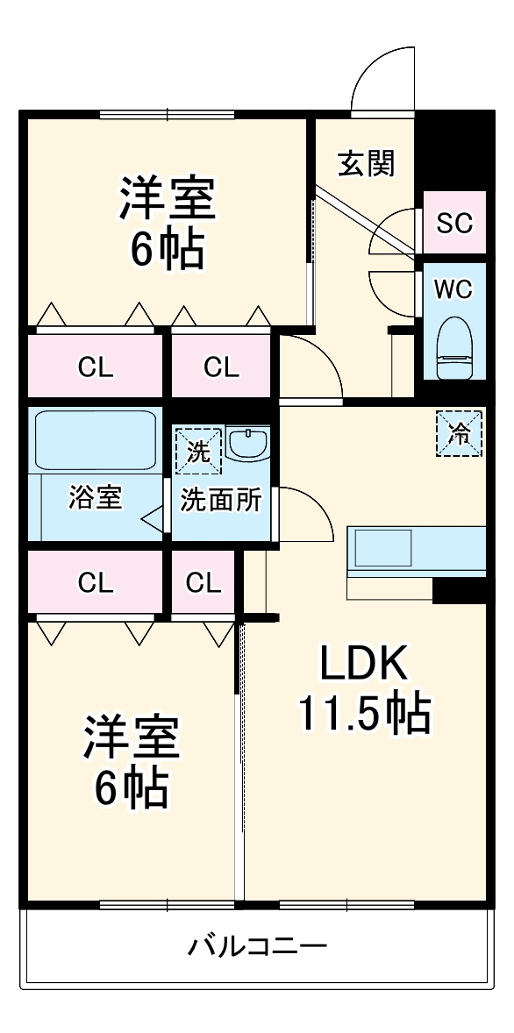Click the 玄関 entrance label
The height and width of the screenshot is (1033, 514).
367,163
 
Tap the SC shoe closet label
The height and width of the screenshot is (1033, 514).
454,223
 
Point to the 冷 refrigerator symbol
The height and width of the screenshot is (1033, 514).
460,433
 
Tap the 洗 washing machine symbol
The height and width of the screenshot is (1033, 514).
197,451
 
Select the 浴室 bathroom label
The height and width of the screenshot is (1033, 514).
96,497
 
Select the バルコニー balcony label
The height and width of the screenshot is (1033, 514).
257,947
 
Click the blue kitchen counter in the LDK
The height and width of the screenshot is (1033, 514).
417,548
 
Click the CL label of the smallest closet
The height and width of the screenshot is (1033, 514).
203,582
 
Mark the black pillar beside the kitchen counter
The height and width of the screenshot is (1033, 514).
460,589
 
